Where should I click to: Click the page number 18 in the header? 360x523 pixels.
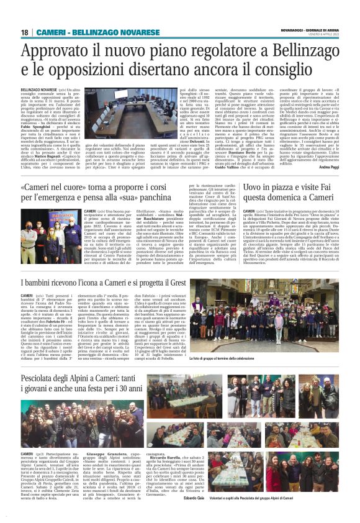[x=25, y=32]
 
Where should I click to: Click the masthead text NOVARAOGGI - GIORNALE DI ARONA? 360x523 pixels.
[x=306, y=29]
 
